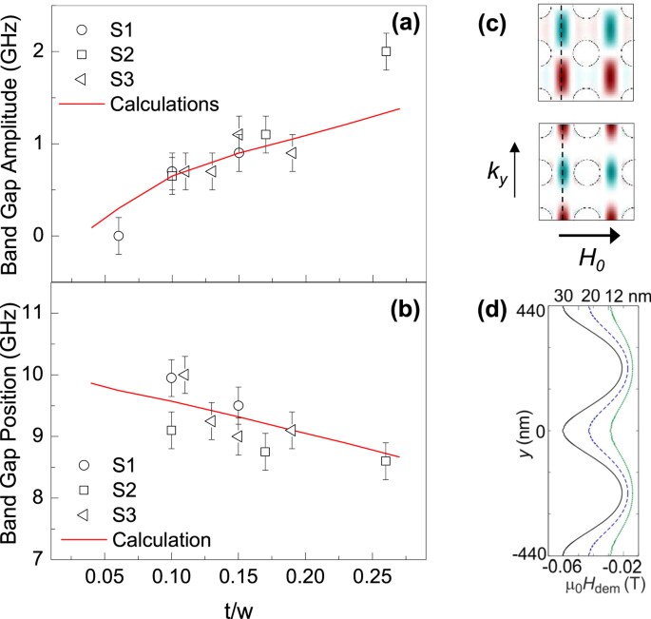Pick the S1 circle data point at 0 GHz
[x=118, y=236]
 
